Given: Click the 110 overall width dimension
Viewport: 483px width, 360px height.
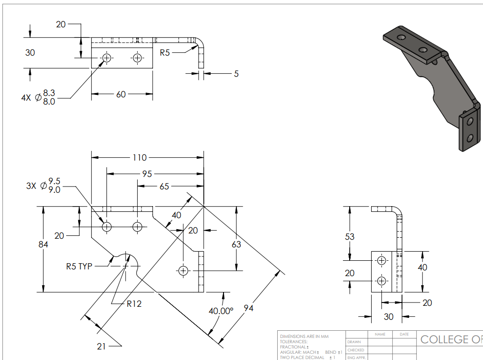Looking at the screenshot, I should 141,157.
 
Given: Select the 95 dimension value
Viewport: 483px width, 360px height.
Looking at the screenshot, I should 147,174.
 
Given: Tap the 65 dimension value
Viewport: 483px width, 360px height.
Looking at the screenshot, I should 164,186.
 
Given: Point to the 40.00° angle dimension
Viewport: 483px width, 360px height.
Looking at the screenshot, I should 221,311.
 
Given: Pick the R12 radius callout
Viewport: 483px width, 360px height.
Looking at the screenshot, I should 134,303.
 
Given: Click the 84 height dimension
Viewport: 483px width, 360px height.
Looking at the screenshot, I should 43,244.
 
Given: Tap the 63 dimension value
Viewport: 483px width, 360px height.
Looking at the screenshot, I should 236,244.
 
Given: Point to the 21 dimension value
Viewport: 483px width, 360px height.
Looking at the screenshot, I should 101,346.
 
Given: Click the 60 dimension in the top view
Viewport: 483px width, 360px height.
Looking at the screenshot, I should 121,94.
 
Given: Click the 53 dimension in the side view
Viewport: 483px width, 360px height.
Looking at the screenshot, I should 350,236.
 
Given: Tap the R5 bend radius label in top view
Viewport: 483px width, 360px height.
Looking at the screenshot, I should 165,53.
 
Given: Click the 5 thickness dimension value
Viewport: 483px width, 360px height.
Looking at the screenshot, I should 236,74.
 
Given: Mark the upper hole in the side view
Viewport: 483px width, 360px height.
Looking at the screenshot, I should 381,261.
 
